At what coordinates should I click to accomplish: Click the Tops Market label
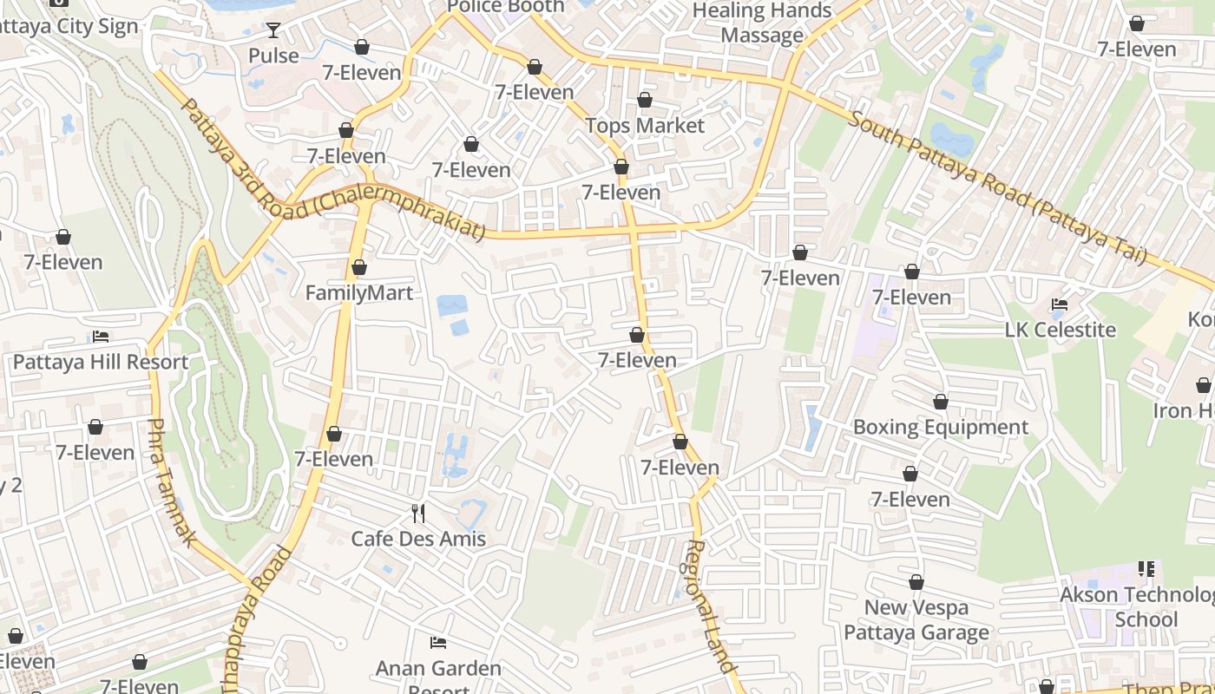(645, 126)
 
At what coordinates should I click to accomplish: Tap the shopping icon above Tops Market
(645, 101)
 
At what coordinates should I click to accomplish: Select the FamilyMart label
(359, 293)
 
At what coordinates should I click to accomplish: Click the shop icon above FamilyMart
(359, 267)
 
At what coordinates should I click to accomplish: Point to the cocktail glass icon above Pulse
(273, 30)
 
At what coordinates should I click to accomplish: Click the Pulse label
(273, 56)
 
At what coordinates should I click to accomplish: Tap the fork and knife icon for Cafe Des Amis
(418, 514)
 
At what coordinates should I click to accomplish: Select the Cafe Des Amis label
(418, 539)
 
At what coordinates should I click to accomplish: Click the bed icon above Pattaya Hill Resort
(101, 337)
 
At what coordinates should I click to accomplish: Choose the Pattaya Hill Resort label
(101, 362)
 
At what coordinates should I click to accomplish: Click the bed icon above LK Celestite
(1060, 304)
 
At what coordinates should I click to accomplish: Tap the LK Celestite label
(1060, 330)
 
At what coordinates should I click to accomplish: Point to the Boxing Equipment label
(941, 427)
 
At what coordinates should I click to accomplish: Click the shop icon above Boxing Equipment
(941, 402)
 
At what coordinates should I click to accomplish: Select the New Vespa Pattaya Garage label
(916, 619)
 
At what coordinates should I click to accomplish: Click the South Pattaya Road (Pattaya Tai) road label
(998, 187)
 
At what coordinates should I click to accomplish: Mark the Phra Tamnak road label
(172, 482)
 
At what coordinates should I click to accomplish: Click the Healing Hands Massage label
(762, 23)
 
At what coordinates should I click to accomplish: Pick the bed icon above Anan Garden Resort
(439, 643)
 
